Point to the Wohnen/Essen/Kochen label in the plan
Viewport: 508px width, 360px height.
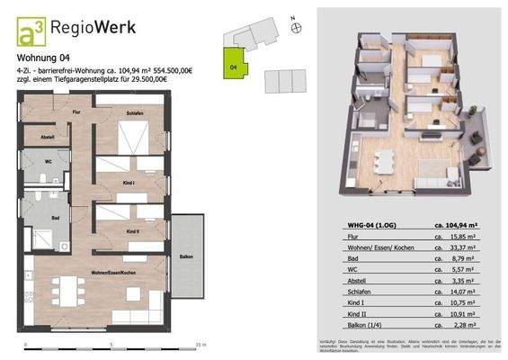coord(113,271)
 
